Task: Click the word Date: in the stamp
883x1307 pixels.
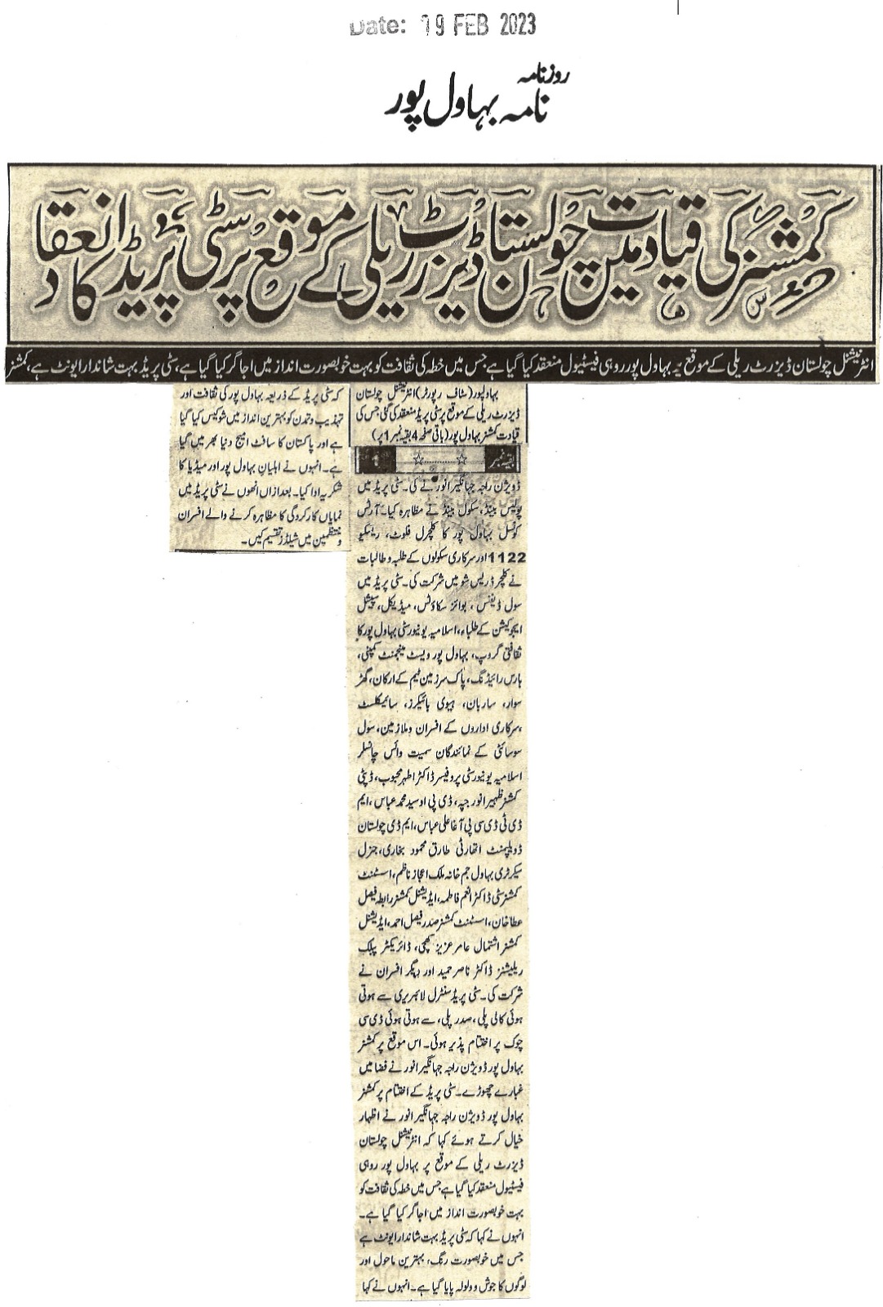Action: [x=377, y=28]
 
